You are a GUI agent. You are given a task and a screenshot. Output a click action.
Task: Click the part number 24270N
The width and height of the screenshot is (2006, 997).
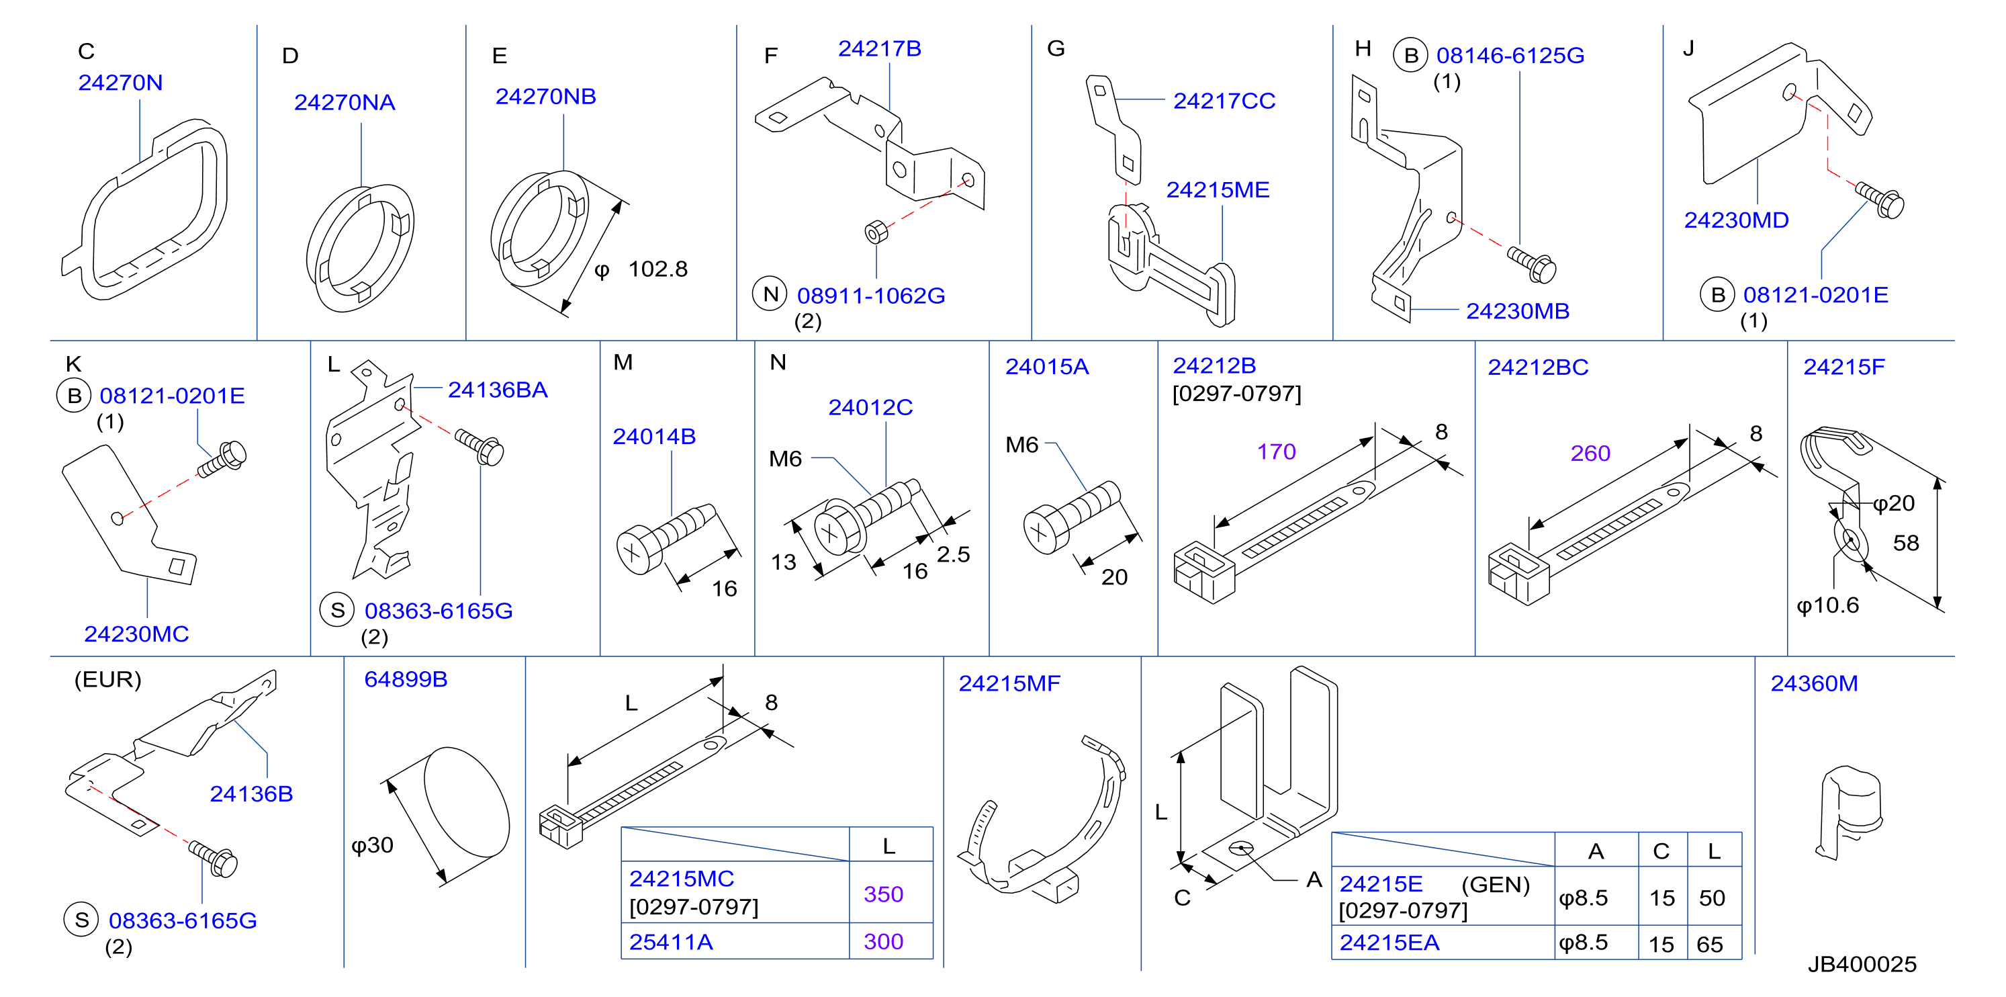point(121,83)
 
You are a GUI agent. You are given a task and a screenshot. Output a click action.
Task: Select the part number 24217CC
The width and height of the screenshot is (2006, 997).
point(1224,101)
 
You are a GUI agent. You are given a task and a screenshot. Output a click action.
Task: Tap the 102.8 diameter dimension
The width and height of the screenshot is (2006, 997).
point(643,269)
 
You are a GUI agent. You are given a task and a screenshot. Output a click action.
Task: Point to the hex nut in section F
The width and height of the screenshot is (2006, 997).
point(876,232)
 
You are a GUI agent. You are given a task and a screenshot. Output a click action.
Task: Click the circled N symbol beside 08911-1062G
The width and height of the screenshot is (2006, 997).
point(770,294)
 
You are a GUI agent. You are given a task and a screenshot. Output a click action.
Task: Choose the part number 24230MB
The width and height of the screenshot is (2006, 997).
point(1518,312)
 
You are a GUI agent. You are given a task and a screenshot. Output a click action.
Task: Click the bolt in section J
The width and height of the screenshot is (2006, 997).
point(1880,200)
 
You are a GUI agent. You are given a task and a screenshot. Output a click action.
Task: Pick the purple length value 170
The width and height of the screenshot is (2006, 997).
point(1277,451)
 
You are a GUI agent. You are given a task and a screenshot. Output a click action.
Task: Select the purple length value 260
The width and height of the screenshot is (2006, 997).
point(1590,453)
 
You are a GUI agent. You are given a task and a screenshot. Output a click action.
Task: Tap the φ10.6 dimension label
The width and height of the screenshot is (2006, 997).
point(1827,606)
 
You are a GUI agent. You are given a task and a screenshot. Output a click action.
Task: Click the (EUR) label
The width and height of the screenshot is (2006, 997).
point(107,679)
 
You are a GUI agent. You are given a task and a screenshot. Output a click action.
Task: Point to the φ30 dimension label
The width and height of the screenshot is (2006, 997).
point(372,845)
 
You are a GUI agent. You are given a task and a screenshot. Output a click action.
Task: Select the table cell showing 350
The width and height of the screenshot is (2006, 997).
point(883,894)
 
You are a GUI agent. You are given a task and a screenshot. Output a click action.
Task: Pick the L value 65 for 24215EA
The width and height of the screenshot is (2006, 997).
point(1709,945)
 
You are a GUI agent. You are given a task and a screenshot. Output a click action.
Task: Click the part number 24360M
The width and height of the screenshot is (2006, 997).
point(1814,684)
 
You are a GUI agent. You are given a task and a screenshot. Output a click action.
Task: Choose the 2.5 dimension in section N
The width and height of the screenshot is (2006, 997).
point(953,554)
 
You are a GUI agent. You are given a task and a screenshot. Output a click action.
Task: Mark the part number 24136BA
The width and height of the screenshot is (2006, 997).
point(498,390)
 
